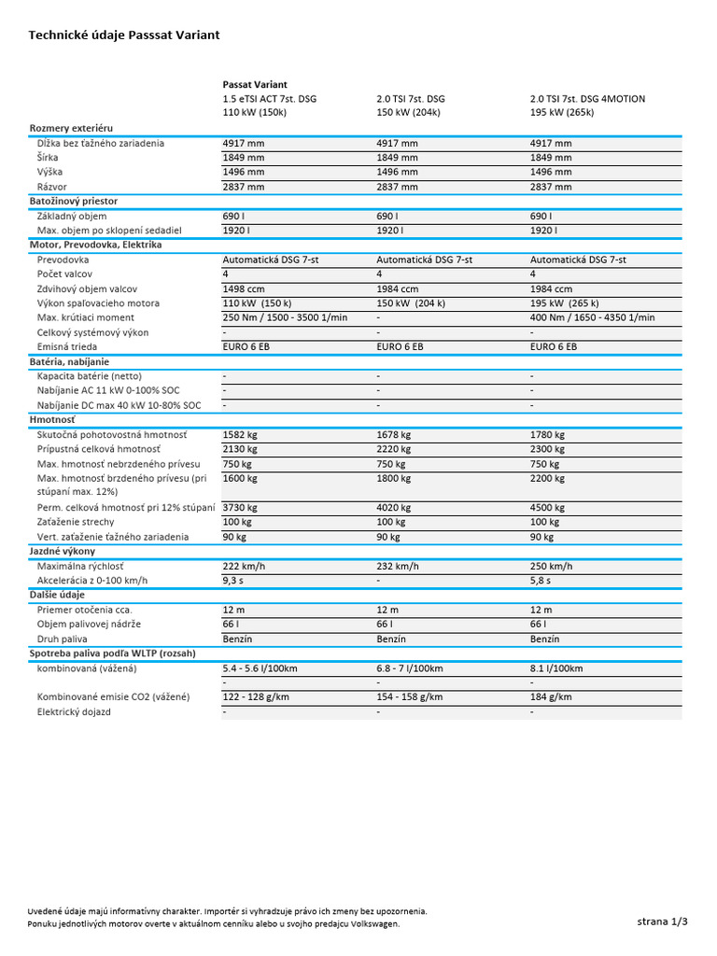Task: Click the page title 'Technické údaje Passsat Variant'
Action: coord(124,35)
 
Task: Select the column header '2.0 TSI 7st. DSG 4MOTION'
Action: coord(587,98)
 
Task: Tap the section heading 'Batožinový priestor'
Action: coord(74,201)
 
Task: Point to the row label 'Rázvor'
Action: coord(52,187)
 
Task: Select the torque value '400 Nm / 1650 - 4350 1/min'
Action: coord(593,317)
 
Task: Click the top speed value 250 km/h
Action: coord(551,566)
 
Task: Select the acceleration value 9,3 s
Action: coord(234,580)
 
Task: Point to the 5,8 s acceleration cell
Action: coord(541,580)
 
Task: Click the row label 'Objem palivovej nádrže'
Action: coord(89,624)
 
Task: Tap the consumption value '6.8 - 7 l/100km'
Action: coord(409,668)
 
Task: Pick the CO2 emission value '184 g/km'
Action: coord(551,696)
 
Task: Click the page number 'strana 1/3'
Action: coord(662,921)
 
